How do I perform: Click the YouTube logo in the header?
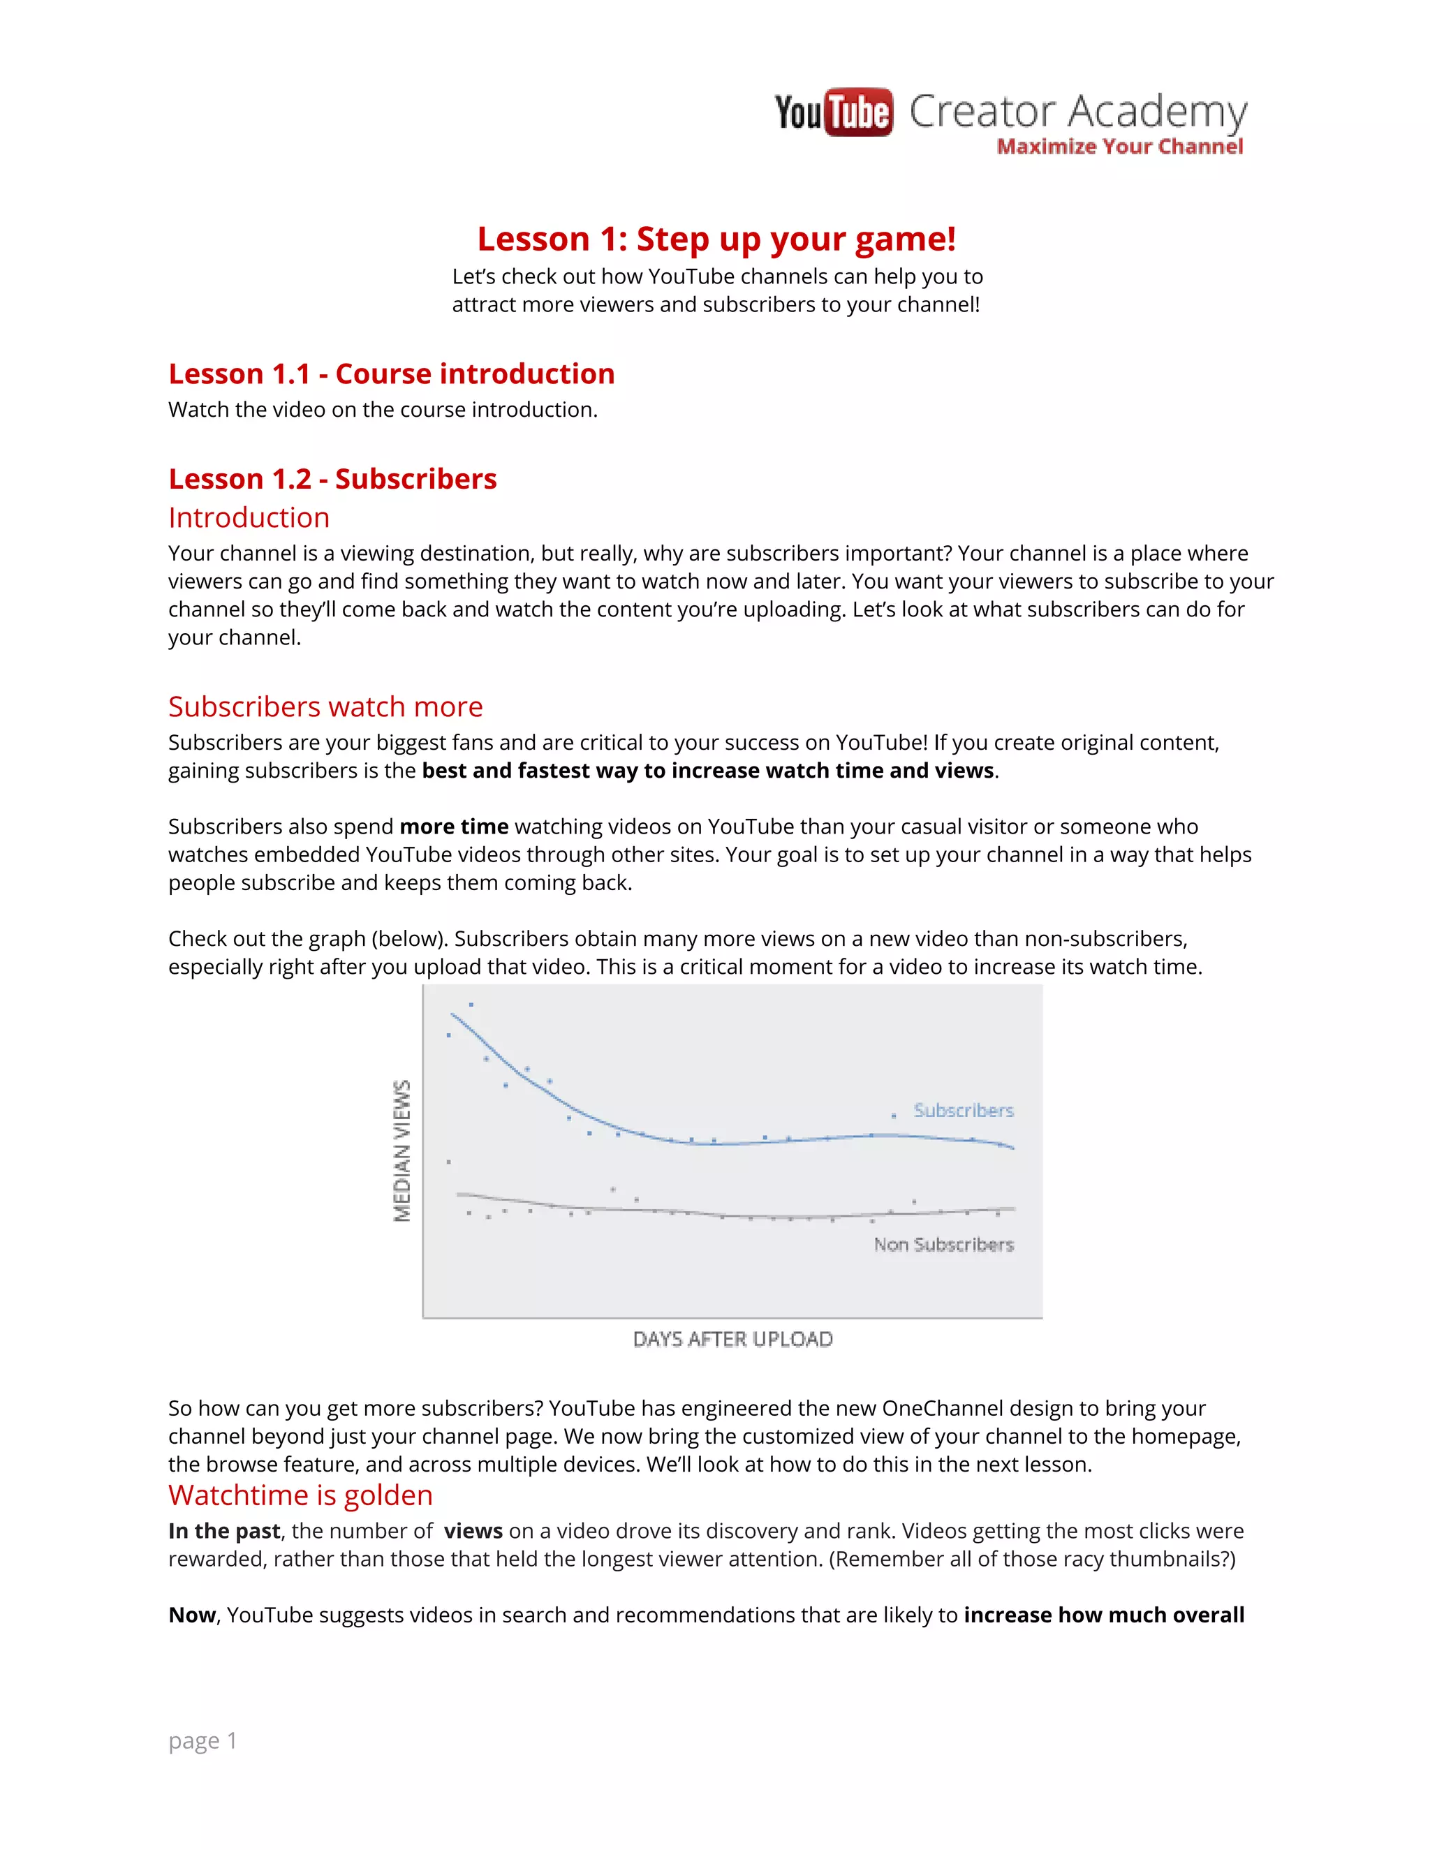pyautogui.click(x=833, y=112)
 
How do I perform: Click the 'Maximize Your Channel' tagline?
pyautogui.click(x=1119, y=147)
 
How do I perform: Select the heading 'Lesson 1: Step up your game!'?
pyautogui.click(x=716, y=239)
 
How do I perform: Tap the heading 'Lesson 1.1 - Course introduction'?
pyautogui.click(x=392, y=373)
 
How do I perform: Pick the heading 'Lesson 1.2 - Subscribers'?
pyautogui.click(x=332, y=479)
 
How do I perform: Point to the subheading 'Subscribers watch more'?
pyautogui.click(x=325, y=706)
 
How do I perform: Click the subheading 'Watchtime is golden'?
pyautogui.click(x=300, y=1495)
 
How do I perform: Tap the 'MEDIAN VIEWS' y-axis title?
pyautogui.click(x=402, y=1150)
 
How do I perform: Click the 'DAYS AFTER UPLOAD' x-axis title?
pyautogui.click(x=732, y=1339)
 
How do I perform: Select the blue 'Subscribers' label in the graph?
pyautogui.click(x=963, y=1111)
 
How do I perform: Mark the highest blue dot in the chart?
pyautogui.click(x=471, y=1005)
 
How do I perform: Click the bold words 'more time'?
pyautogui.click(x=454, y=827)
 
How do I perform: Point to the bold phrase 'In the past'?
pyautogui.click(x=223, y=1532)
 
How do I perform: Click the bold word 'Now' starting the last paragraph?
pyautogui.click(x=192, y=1615)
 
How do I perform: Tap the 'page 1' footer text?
pyautogui.click(x=202, y=1740)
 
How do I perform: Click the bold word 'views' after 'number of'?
pyautogui.click(x=473, y=1532)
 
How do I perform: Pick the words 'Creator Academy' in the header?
pyautogui.click(x=1077, y=112)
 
